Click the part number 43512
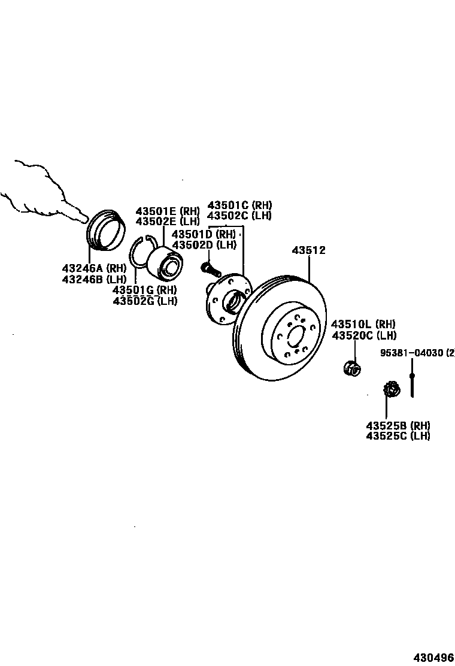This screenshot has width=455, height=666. pyautogui.click(x=308, y=250)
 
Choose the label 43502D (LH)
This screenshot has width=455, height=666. pyautogui.click(x=204, y=244)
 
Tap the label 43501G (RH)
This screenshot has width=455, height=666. pyautogui.click(x=145, y=290)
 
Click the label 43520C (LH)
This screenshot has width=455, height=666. pyautogui.click(x=364, y=335)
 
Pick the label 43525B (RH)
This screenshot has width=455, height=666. pyautogui.click(x=398, y=425)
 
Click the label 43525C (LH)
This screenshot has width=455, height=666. pyautogui.click(x=398, y=436)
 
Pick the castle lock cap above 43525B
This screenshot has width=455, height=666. pyautogui.click(x=391, y=390)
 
